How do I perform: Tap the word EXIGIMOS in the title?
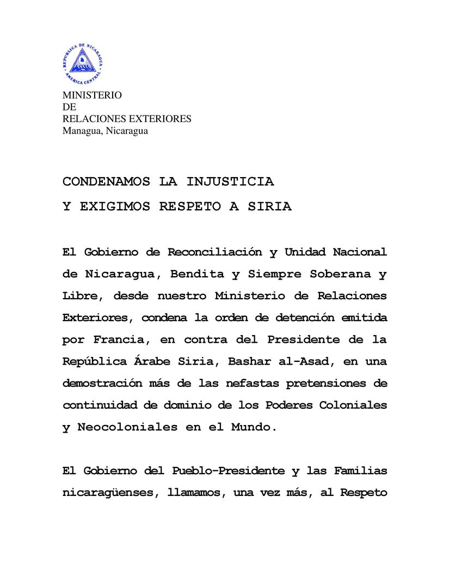[x=115, y=207]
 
